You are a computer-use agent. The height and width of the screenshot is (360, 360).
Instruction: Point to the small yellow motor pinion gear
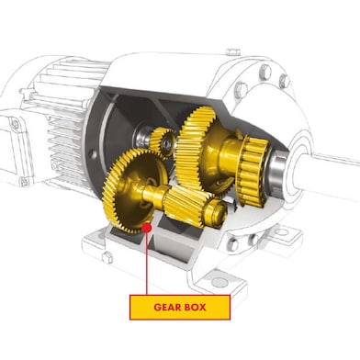pos(163,141)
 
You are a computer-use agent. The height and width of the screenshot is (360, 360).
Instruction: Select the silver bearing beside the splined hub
pos(276,170)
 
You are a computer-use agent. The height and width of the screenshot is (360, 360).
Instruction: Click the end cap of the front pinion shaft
pos(218,212)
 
